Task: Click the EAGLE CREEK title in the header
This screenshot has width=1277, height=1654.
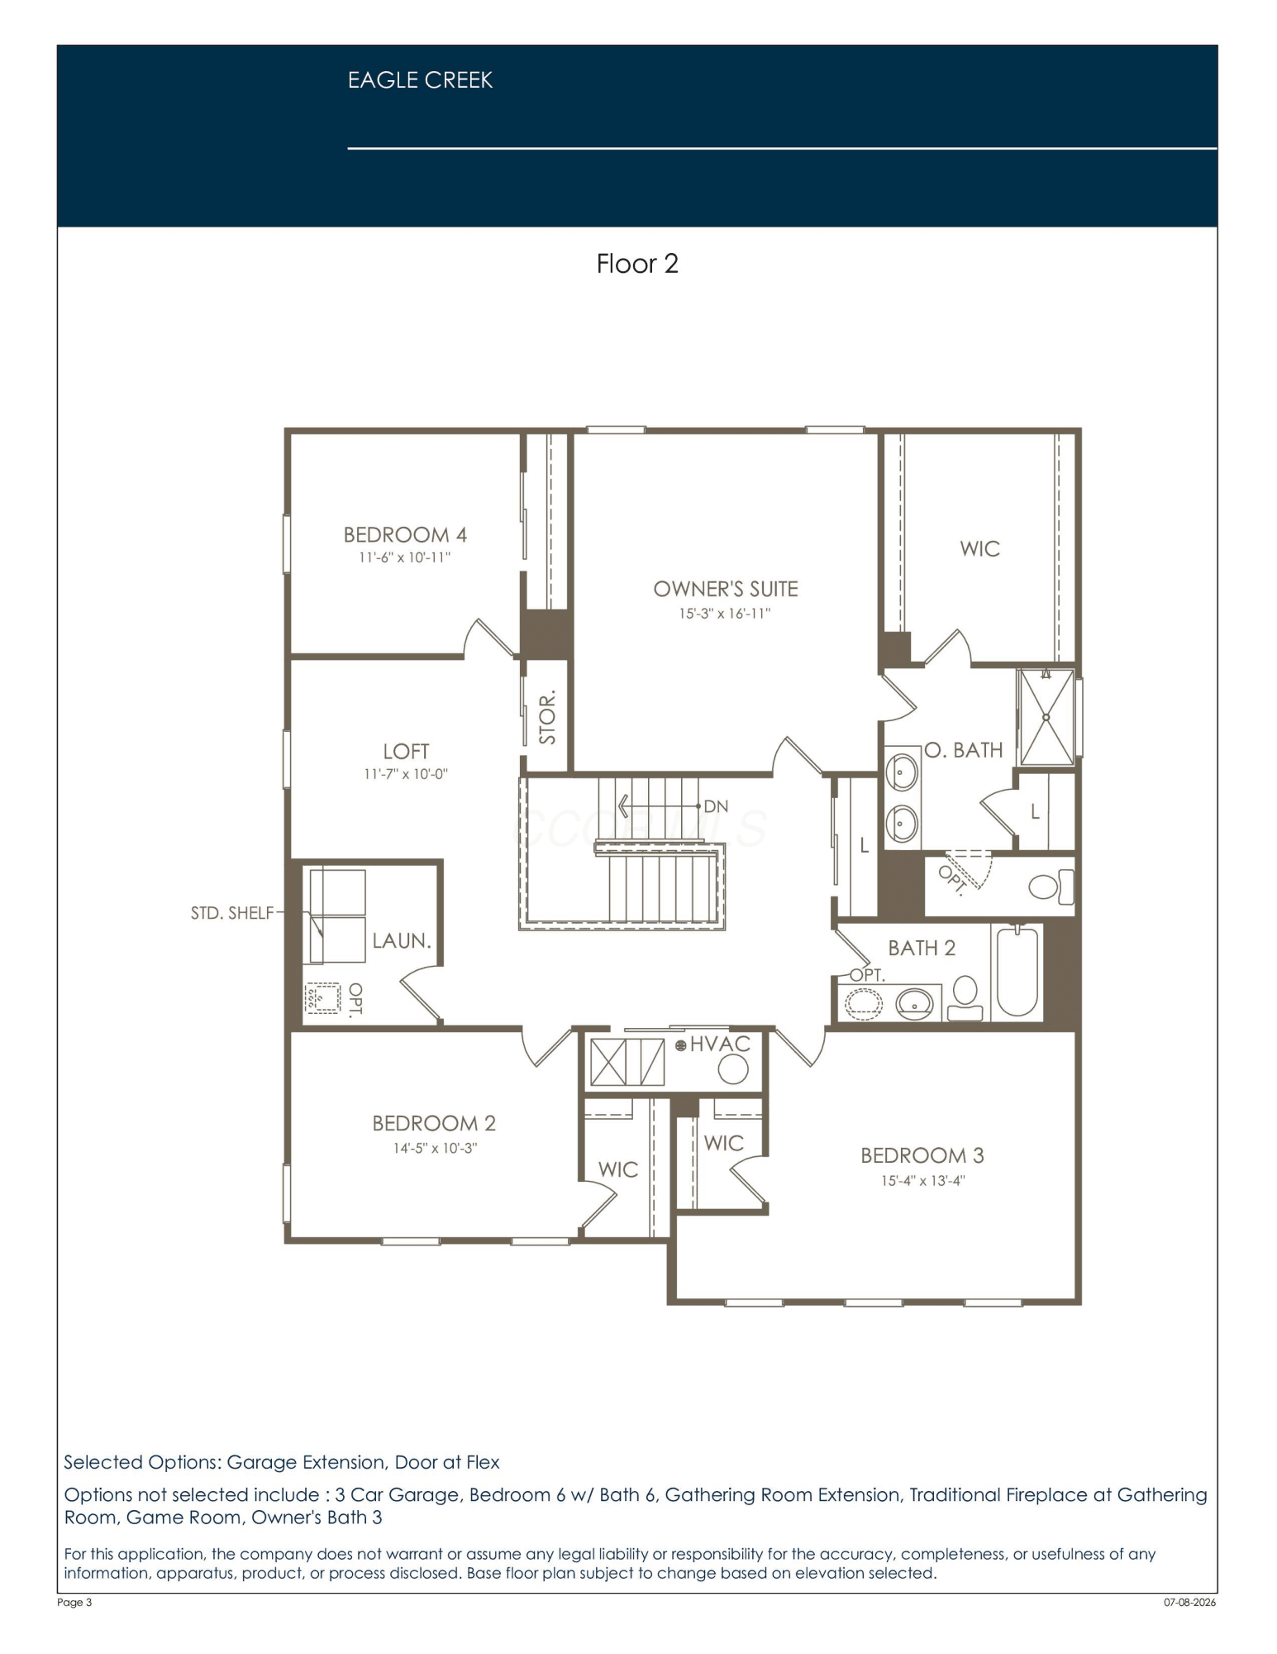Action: pyautogui.click(x=420, y=80)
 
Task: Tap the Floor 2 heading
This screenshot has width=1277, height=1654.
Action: pyautogui.click(x=637, y=264)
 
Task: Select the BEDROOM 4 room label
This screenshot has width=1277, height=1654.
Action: pyautogui.click(x=405, y=535)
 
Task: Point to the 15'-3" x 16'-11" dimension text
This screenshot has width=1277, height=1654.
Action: pyautogui.click(x=725, y=614)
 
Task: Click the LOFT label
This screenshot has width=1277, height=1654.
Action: pyautogui.click(x=406, y=752)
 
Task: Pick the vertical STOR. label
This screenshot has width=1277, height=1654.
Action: pyautogui.click(x=547, y=717)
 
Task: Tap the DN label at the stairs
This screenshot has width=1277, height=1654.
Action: pyautogui.click(x=716, y=806)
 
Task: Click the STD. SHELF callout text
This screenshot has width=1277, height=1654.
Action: pyautogui.click(x=231, y=913)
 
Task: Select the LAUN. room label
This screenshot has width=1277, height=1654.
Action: pyautogui.click(x=402, y=941)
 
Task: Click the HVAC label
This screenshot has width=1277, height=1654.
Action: pyautogui.click(x=720, y=1045)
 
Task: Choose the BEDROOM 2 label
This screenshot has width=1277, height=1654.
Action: pyautogui.click(x=434, y=1123)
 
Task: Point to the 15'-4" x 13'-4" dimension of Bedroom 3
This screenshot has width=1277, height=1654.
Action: pyautogui.click(x=922, y=1181)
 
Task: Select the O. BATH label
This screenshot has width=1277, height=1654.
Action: pyautogui.click(x=964, y=750)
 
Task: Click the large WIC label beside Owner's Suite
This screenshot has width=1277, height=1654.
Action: pyautogui.click(x=980, y=549)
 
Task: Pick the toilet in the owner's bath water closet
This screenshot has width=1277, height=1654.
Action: pyautogui.click(x=1051, y=887)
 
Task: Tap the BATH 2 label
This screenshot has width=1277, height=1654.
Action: pyautogui.click(x=922, y=948)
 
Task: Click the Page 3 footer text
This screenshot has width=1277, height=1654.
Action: pyautogui.click(x=74, y=1603)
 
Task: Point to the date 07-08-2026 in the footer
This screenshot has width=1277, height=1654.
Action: pyautogui.click(x=1190, y=1603)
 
